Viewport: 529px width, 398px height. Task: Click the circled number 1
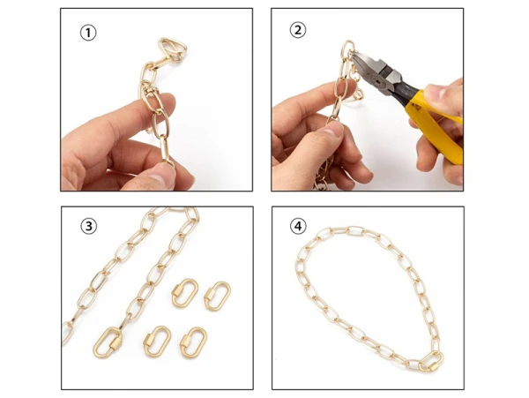click(88, 33)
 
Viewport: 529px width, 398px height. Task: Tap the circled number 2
click(298, 30)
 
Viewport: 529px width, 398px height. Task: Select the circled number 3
click(89, 226)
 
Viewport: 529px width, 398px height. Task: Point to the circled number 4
click(298, 226)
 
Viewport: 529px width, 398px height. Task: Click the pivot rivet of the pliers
click(376, 81)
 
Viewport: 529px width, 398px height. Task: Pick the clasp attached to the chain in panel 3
click(108, 342)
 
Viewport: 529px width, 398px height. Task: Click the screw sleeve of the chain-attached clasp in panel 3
click(115, 343)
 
